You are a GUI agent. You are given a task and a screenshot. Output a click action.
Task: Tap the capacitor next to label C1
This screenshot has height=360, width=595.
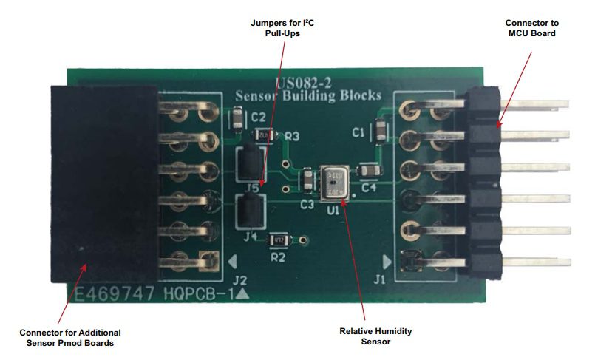[x=379, y=132]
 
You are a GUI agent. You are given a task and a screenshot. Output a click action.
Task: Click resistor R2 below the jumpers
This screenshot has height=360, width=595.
[x=279, y=240]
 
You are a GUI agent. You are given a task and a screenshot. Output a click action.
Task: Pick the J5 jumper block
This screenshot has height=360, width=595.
[x=249, y=163]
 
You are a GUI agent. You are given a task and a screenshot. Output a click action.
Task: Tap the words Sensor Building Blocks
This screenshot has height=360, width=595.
[x=307, y=95]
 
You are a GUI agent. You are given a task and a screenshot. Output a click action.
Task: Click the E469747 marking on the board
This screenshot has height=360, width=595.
[x=111, y=296]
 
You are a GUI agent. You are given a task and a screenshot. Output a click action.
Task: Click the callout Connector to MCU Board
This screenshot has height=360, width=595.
[x=530, y=27]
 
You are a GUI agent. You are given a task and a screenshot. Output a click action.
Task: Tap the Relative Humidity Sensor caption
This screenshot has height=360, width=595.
[x=365, y=336]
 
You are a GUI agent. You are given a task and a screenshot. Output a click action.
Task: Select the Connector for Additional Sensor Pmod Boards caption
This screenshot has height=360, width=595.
[x=69, y=338]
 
